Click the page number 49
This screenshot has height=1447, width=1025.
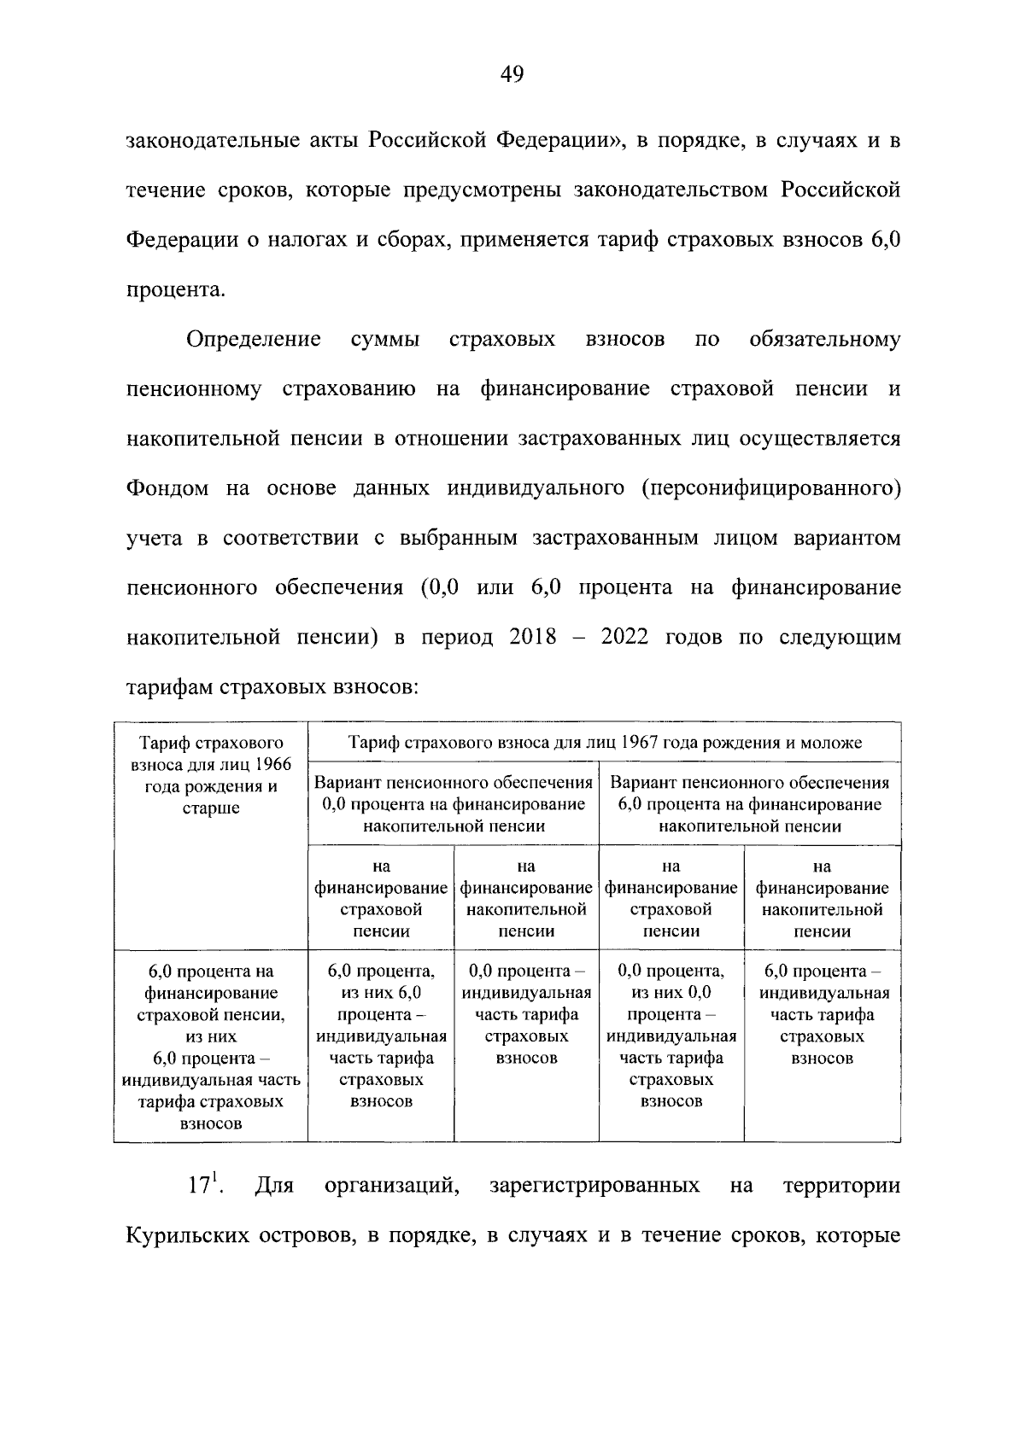512,76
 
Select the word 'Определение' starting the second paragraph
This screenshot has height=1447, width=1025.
254,340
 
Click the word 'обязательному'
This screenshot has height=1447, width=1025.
824,340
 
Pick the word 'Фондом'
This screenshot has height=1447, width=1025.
167,489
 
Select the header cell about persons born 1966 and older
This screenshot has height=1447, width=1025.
211,774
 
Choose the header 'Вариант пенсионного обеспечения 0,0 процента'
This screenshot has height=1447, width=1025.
454,804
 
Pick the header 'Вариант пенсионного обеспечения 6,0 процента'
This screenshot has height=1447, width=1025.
750,804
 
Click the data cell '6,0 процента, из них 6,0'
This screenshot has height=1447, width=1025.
381,1036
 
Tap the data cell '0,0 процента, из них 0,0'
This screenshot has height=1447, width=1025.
671,1036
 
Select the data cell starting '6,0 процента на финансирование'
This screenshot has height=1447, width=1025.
211,1047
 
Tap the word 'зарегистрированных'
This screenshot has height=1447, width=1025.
594,1187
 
